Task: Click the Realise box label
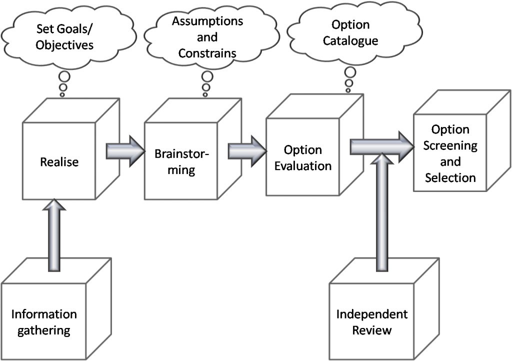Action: [x=59, y=162]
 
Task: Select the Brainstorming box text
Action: [x=181, y=162]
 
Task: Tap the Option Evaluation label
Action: [x=302, y=158]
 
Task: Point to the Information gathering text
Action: [x=44, y=322]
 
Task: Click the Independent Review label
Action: [x=372, y=322]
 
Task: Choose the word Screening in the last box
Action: [x=450, y=145]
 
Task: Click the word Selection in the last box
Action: [x=450, y=177]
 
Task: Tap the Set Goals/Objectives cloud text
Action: [x=64, y=37]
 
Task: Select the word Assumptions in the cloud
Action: [x=207, y=21]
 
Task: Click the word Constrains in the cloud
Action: [x=207, y=53]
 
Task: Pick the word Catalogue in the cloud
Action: [x=350, y=41]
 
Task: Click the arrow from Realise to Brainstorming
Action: [x=125, y=151]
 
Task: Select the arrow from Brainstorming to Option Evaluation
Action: [x=247, y=151]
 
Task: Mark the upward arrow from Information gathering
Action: [x=54, y=235]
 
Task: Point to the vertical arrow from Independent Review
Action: [x=381, y=212]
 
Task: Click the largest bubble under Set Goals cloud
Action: [x=64, y=77]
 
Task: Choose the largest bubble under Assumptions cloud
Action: [x=207, y=76]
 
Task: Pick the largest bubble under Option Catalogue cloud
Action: [x=350, y=72]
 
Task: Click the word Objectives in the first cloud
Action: [x=64, y=45]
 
